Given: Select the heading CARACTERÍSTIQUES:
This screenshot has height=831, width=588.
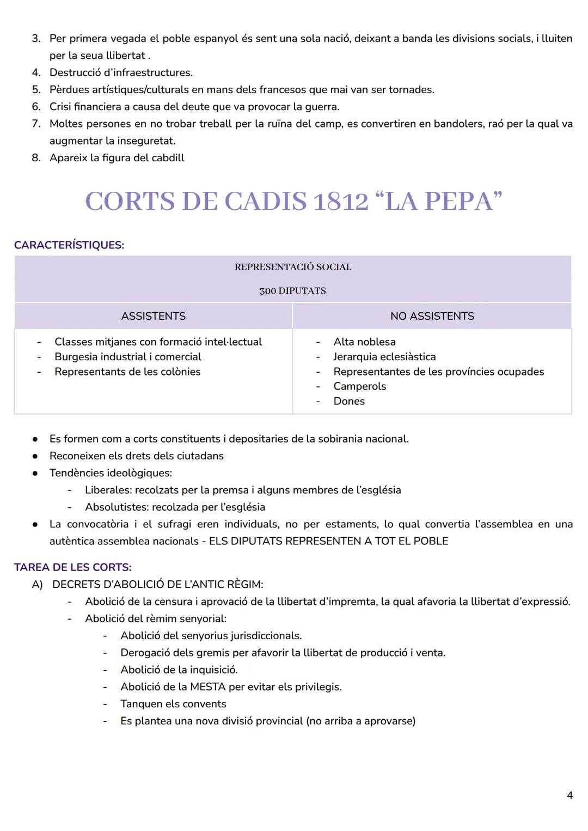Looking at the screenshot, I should (69, 245).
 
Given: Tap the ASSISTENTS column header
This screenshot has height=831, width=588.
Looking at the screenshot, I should (153, 316).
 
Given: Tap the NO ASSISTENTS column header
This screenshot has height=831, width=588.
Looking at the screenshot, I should (432, 316).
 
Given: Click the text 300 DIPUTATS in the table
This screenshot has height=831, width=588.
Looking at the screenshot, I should (293, 291).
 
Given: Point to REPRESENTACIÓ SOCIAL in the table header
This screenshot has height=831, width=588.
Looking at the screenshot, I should (293, 267).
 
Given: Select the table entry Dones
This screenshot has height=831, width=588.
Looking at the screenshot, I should (349, 401).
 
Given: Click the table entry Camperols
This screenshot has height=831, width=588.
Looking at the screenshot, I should (359, 386).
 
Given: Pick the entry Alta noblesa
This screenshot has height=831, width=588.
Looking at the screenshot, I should (364, 342).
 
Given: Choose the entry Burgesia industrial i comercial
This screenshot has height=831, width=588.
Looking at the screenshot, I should (128, 357).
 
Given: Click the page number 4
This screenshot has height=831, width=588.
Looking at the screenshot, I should (569, 796).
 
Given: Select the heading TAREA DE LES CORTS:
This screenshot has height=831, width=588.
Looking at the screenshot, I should (72, 567).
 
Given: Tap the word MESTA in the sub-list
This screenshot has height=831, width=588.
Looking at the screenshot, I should (208, 687).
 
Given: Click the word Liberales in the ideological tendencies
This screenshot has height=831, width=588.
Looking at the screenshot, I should (108, 490).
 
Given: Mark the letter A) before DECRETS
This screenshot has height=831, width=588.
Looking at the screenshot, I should (37, 585).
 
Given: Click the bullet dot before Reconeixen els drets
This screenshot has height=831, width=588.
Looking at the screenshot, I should (35, 456).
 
